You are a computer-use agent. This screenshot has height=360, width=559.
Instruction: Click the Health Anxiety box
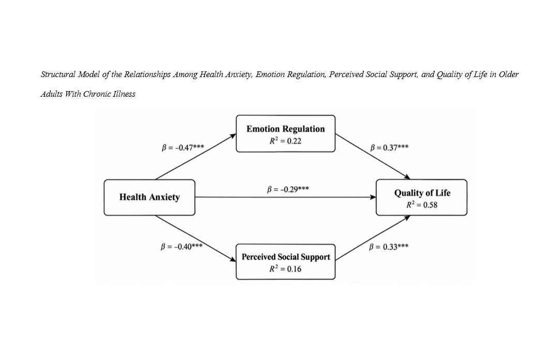[149, 198]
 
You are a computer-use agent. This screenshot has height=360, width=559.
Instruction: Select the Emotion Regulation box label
[285, 129]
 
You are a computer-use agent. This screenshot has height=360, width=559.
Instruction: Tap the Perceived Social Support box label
[286, 257]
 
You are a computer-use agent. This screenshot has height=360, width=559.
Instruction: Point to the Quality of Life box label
[422, 193]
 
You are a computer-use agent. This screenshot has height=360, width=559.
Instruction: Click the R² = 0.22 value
[285, 141]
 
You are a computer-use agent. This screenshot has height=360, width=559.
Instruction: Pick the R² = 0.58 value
[422, 205]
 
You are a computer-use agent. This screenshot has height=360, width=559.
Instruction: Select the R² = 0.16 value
[285, 269]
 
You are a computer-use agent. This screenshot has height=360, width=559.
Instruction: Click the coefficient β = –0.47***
[183, 147]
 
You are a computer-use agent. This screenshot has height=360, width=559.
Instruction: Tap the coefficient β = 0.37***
[389, 147]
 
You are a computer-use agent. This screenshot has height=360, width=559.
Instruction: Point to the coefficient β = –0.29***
[288, 189]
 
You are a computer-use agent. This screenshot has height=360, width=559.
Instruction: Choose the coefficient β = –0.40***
[182, 247]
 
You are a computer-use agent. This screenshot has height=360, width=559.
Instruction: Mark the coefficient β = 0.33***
[388, 247]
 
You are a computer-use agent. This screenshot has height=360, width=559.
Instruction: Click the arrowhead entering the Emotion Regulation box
[233, 136]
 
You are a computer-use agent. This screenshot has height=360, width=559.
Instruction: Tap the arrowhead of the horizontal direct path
[373, 197]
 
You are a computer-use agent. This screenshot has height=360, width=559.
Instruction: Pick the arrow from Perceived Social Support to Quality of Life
[373, 238]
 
